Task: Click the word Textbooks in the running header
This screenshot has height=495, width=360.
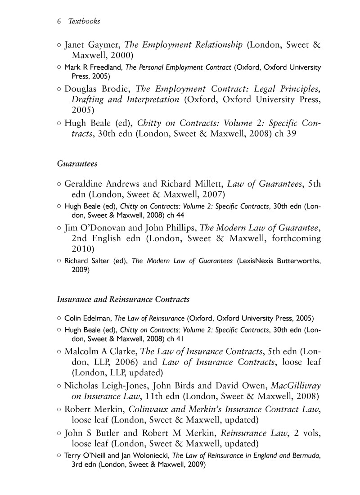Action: point(84,21)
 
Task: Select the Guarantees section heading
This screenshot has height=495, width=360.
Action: point(77,164)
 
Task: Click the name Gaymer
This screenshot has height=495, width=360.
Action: point(104,45)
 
